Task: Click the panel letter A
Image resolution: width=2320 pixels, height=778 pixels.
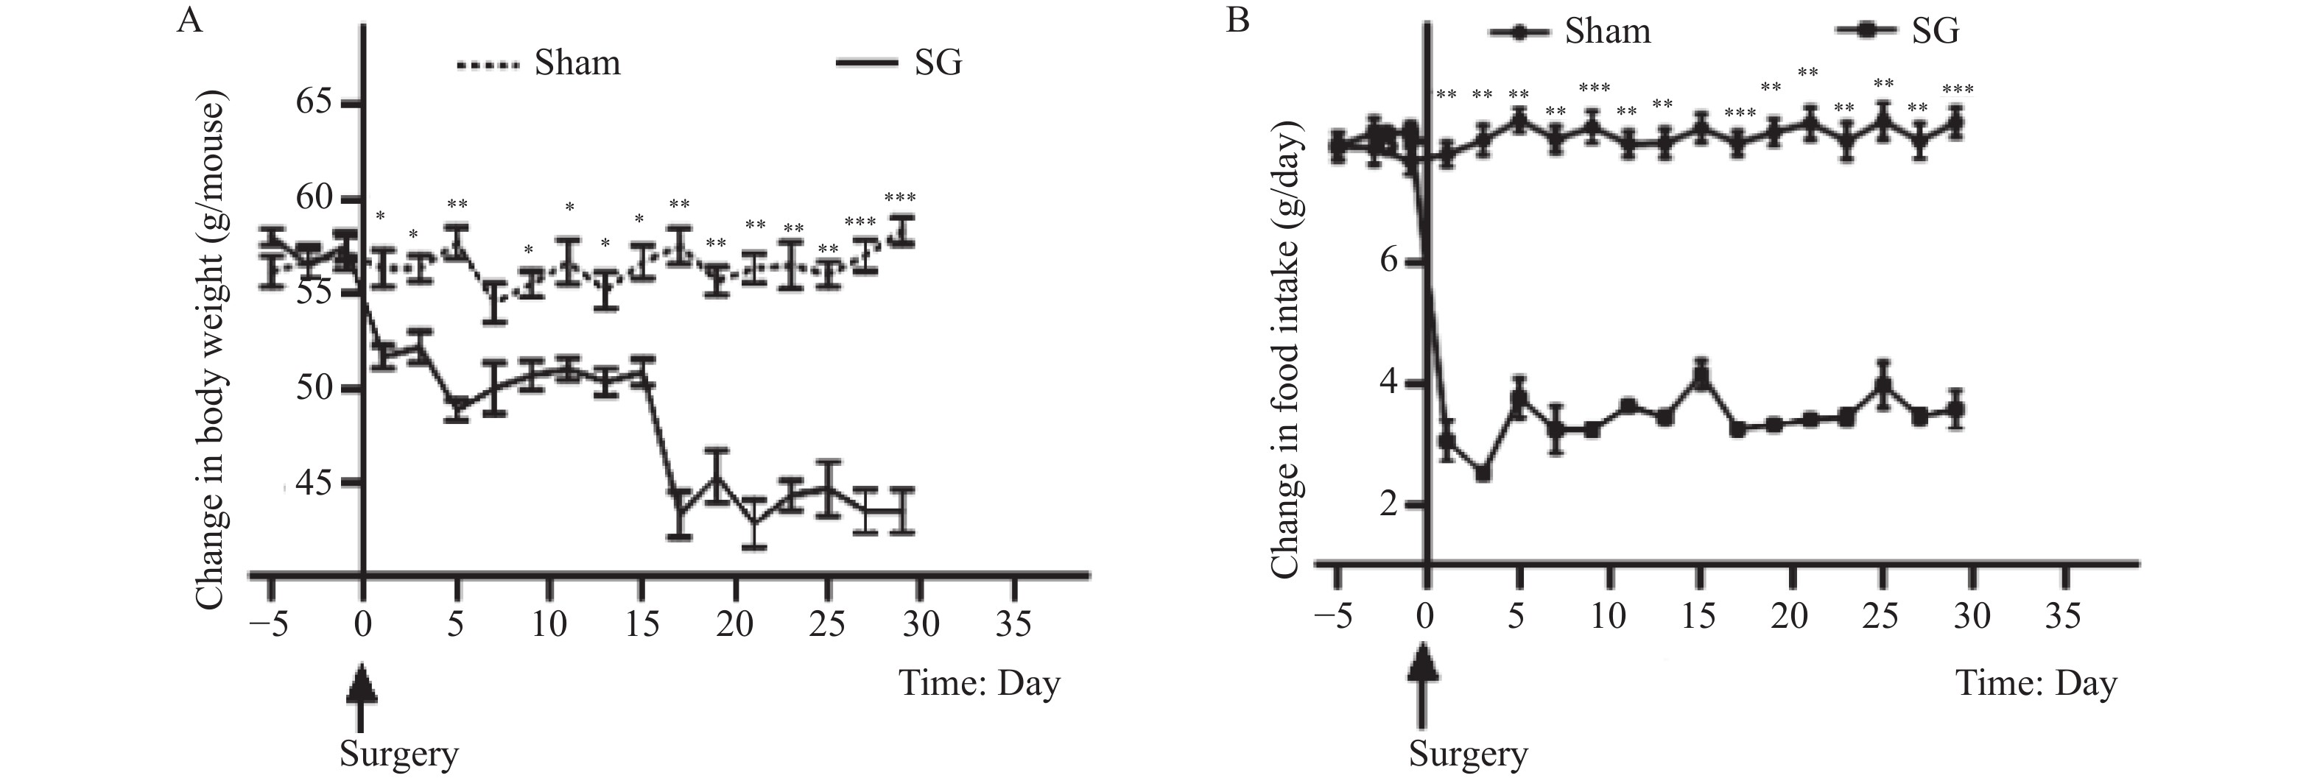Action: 189,20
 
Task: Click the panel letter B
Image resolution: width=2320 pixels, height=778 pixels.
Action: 1238,20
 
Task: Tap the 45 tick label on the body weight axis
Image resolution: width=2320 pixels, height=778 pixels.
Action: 314,484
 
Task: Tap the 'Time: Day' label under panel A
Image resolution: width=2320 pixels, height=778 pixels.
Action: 979,684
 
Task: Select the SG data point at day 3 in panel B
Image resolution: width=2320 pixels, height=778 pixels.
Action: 1483,473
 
